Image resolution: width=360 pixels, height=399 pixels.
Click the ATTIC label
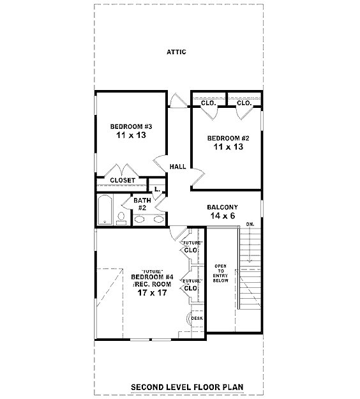(x=176, y=52)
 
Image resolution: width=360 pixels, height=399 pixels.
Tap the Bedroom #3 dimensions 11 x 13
(x=131, y=135)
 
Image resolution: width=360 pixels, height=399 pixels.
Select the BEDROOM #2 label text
(x=229, y=138)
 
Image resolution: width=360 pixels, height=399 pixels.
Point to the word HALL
(x=178, y=167)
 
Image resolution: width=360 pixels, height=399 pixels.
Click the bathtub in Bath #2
(x=105, y=210)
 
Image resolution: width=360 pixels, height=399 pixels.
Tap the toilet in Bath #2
(x=121, y=218)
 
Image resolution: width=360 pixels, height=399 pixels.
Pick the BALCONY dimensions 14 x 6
(x=223, y=216)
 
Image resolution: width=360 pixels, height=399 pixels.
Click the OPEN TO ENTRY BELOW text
(x=221, y=273)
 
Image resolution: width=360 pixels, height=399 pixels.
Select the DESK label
(x=197, y=318)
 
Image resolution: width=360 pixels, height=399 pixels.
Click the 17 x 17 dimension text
(x=152, y=292)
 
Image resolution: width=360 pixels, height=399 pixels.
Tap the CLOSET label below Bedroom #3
(x=123, y=180)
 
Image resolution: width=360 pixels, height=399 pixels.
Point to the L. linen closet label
(x=157, y=190)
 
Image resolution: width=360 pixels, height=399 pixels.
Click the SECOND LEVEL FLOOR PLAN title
(x=187, y=387)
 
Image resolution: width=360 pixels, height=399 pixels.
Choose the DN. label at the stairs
(x=250, y=225)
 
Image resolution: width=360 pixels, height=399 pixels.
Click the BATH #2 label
(x=142, y=204)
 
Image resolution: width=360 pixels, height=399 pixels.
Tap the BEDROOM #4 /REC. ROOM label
(x=152, y=280)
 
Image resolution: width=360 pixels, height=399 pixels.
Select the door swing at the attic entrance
(x=179, y=101)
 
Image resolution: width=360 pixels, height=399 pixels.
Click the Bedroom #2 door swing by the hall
(x=198, y=177)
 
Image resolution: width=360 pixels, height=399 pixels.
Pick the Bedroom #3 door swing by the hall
(x=160, y=163)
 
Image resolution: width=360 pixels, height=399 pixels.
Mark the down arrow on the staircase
(x=250, y=245)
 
